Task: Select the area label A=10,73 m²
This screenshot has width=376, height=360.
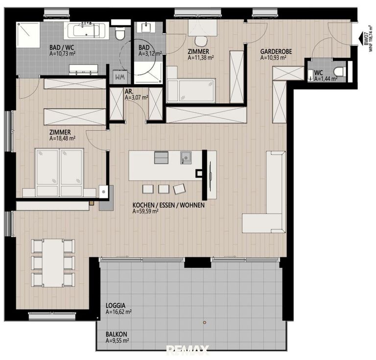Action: tap(62, 53)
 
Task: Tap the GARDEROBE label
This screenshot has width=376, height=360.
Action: tap(273, 50)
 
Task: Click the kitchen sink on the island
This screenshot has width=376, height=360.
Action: tap(186, 157)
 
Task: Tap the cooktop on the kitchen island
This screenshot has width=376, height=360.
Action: tap(161, 157)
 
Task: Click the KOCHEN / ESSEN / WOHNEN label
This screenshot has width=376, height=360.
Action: tap(168, 206)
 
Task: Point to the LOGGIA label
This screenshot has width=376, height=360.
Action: tap(115, 304)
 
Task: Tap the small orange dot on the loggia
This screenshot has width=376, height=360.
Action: tap(205, 322)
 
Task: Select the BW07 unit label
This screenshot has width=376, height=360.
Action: tap(366, 39)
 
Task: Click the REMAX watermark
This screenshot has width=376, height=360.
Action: tap(188, 350)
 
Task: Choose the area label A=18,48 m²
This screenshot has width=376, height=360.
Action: tap(62, 138)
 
